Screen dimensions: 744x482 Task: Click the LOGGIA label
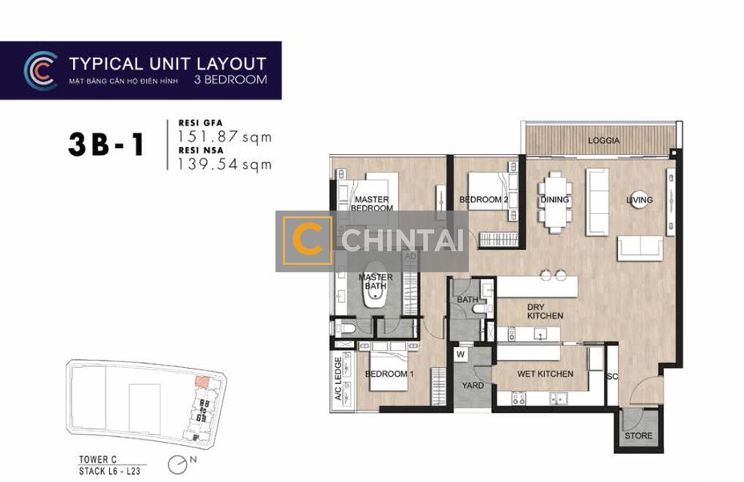[x=604, y=141]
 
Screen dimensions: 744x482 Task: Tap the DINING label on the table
[x=555, y=199]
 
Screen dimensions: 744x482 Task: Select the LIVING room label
[x=639, y=200]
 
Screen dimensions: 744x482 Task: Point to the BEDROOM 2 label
[x=483, y=200]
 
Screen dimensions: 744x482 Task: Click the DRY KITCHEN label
[x=545, y=312]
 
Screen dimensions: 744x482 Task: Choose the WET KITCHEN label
[x=545, y=374]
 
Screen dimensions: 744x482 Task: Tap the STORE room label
[x=638, y=435]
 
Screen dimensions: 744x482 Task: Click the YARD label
[x=473, y=386]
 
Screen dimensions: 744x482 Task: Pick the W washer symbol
[x=461, y=355]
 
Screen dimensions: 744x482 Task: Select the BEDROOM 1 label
[x=389, y=374]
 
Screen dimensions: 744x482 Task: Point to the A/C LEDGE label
[x=339, y=378]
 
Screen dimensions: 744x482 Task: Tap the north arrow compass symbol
[x=176, y=464]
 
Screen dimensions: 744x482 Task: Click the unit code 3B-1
[x=106, y=145]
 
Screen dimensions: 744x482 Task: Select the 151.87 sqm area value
[x=225, y=137]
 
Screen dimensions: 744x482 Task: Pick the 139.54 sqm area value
[x=225, y=165]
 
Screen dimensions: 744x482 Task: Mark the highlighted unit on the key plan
[x=201, y=382]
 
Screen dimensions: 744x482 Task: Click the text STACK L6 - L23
[x=110, y=472]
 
